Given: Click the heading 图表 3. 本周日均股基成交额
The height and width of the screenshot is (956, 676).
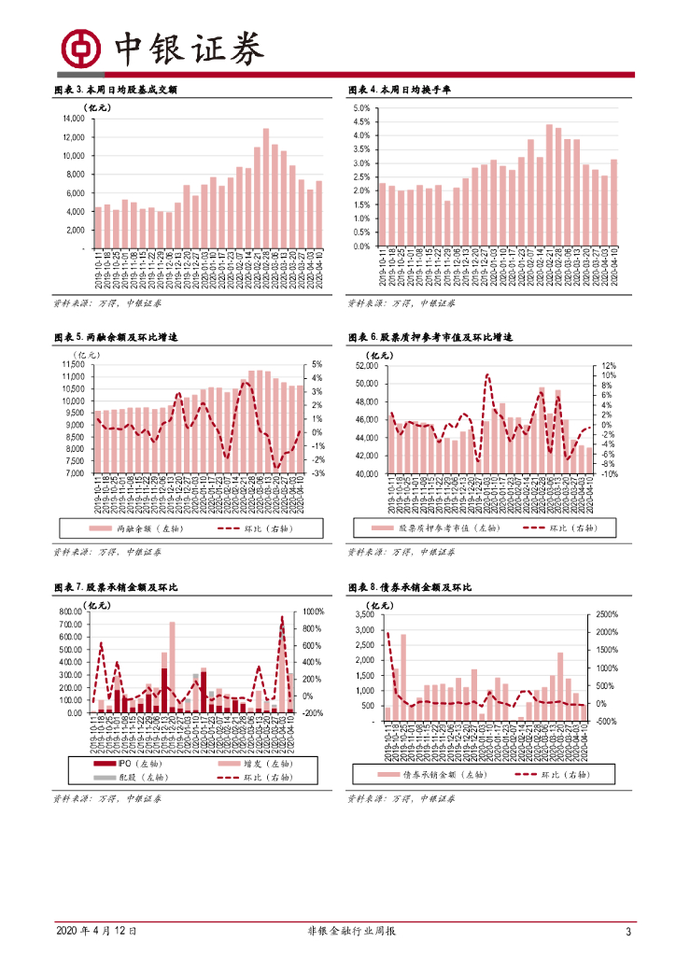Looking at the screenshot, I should tap(116, 91).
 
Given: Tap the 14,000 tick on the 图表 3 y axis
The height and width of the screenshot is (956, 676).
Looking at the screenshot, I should tap(74, 119).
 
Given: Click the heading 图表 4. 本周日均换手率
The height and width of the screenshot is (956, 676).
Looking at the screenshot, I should tap(400, 91).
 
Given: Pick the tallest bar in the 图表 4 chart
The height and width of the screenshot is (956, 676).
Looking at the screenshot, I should tap(550, 185).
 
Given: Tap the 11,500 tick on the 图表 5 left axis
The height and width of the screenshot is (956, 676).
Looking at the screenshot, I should tap(73, 365).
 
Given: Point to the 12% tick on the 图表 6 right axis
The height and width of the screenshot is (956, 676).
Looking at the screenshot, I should tap(610, 366).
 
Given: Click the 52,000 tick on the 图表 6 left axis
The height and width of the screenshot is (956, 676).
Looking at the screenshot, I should tap(365, 366).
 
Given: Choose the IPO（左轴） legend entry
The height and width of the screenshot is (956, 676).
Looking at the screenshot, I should tap(128, 763).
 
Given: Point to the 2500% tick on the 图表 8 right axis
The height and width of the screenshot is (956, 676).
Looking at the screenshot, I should tap(607, 615).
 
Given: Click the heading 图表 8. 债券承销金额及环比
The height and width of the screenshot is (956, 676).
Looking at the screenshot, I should tap(409, 588).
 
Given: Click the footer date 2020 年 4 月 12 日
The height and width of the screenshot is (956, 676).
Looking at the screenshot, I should tap(97, 932).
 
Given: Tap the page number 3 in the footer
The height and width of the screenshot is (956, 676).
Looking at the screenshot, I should tap(628, 932).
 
